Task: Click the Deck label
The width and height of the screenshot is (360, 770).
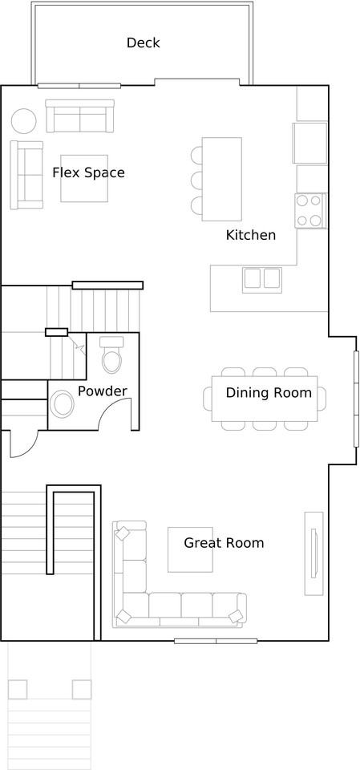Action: tap(143, 43)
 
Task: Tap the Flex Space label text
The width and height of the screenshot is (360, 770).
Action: tap(88, 172)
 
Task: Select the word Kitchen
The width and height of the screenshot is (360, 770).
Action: tap(250, 235)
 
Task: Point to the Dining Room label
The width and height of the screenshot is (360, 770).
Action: tap(268, 392)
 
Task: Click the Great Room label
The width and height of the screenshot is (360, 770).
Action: tap(224, 543)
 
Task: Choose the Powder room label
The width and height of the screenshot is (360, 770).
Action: tap(102, 391)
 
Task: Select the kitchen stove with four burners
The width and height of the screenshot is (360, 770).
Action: tap(309, 210)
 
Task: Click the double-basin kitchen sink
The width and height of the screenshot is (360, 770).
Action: tap(262, 278)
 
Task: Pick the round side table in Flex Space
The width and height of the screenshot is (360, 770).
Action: tap(24, 121)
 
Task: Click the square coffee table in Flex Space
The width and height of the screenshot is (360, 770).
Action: tap(83, 178)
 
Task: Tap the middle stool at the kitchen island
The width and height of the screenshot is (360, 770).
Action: tap(196, 178)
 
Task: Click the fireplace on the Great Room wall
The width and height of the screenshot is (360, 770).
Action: tap(313, 554)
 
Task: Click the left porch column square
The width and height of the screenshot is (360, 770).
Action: tap(18, 689)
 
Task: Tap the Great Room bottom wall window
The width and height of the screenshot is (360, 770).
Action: tap(216, 641)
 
